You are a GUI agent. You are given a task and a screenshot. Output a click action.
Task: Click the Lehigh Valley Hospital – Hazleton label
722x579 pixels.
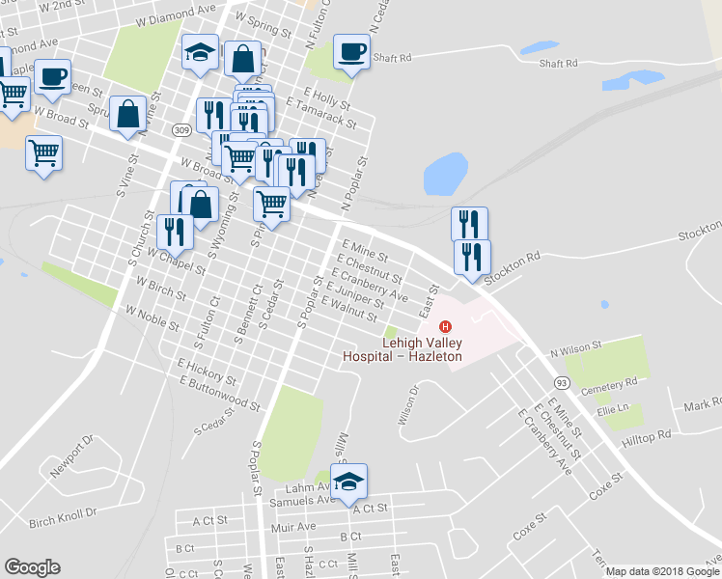pos(403,349)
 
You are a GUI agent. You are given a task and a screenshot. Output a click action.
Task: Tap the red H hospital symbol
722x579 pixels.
pos(446,326)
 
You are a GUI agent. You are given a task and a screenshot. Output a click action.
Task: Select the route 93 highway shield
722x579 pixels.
pos(563,383)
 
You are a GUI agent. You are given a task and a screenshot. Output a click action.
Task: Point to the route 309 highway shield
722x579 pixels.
pos(181,130)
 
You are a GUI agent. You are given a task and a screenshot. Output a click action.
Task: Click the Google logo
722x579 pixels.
pos(32,567)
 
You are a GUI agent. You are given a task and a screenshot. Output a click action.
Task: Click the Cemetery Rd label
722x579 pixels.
pos(617,383)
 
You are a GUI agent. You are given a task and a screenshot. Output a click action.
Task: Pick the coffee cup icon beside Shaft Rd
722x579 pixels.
pos(351,52)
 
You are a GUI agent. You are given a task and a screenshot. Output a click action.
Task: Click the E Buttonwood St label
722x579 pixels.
pos(219,392)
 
